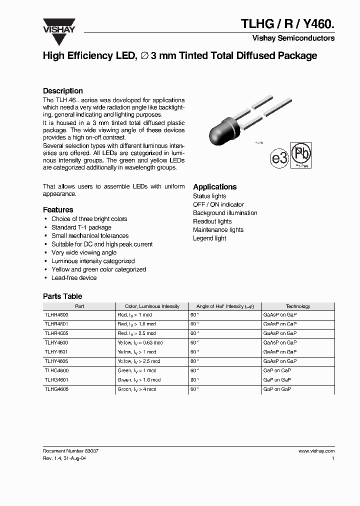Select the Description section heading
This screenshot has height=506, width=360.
tap(63, 91)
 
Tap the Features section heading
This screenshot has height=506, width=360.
tap(58, 210)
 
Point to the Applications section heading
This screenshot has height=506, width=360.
tap(215, 187)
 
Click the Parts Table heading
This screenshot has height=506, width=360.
tap(62, 296)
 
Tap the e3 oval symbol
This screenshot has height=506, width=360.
tap(280, 159)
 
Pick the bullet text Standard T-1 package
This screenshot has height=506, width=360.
tap(81, 227)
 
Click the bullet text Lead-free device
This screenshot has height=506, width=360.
tap(74, 278)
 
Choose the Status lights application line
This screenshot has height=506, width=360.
tap(209, 196)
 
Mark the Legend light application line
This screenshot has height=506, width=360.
tap(209, 238)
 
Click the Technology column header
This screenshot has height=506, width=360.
tap(298, 306)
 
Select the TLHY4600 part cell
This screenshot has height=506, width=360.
tap(56, 343)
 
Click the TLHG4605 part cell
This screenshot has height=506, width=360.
tap(56, 389)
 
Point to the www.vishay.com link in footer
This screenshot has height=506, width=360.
tap(316, 451)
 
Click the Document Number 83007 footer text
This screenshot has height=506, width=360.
tap(70, 451)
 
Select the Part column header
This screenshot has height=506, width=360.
tap(79, 306)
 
